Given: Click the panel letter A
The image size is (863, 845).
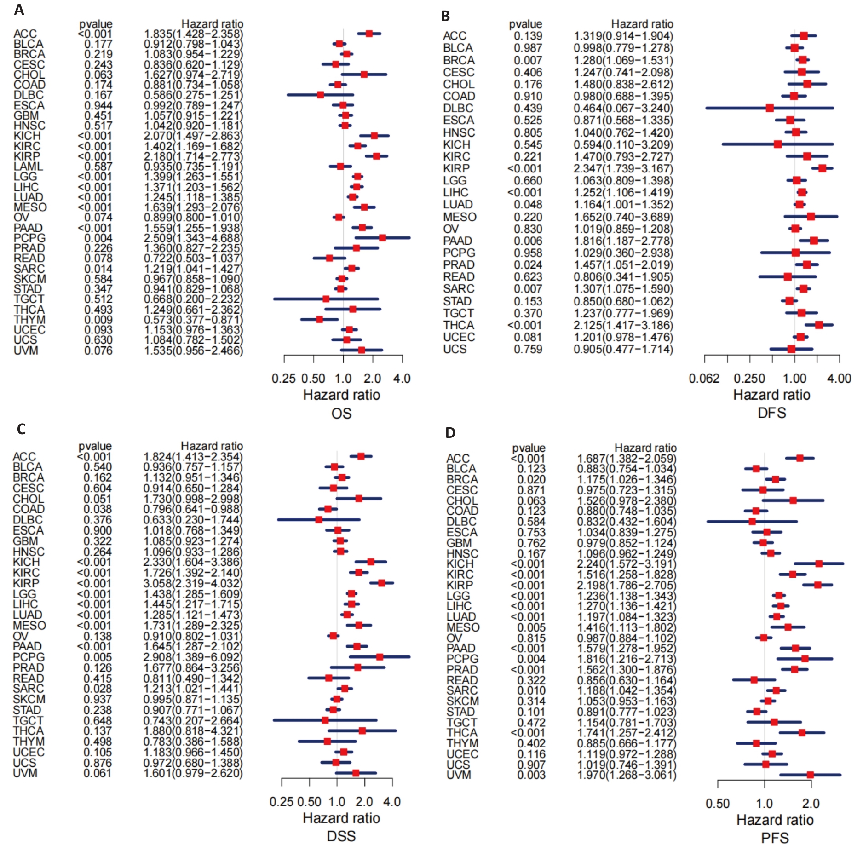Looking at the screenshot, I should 19,10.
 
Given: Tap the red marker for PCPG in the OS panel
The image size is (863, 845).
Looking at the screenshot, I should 382,238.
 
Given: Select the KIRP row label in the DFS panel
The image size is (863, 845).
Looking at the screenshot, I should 456,168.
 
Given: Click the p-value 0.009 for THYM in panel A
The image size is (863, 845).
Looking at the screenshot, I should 98,320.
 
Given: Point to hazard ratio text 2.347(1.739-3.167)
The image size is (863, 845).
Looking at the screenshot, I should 623,168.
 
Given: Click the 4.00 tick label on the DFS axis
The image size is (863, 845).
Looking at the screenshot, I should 839,379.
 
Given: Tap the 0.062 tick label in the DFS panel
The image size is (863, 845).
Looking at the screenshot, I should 704,379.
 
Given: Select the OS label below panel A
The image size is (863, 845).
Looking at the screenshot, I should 341,414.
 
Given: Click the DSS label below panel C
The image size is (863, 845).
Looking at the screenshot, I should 341,836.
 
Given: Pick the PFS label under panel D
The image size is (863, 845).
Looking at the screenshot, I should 775,838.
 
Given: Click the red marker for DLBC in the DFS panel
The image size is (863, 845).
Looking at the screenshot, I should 770,108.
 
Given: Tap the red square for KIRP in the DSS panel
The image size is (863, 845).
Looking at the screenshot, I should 381,583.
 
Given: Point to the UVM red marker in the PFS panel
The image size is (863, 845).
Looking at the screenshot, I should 810,775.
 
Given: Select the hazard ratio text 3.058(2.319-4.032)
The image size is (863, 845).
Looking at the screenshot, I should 192,583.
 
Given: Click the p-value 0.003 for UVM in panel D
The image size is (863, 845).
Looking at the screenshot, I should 531,775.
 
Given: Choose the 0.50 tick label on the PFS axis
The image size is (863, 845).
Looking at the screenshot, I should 718,804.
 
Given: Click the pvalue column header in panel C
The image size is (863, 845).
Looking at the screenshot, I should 95,446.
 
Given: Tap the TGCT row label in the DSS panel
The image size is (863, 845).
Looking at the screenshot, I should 28,721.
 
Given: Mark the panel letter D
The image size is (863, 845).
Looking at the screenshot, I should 450,432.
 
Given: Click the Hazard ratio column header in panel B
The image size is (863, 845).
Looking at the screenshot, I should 642,24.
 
